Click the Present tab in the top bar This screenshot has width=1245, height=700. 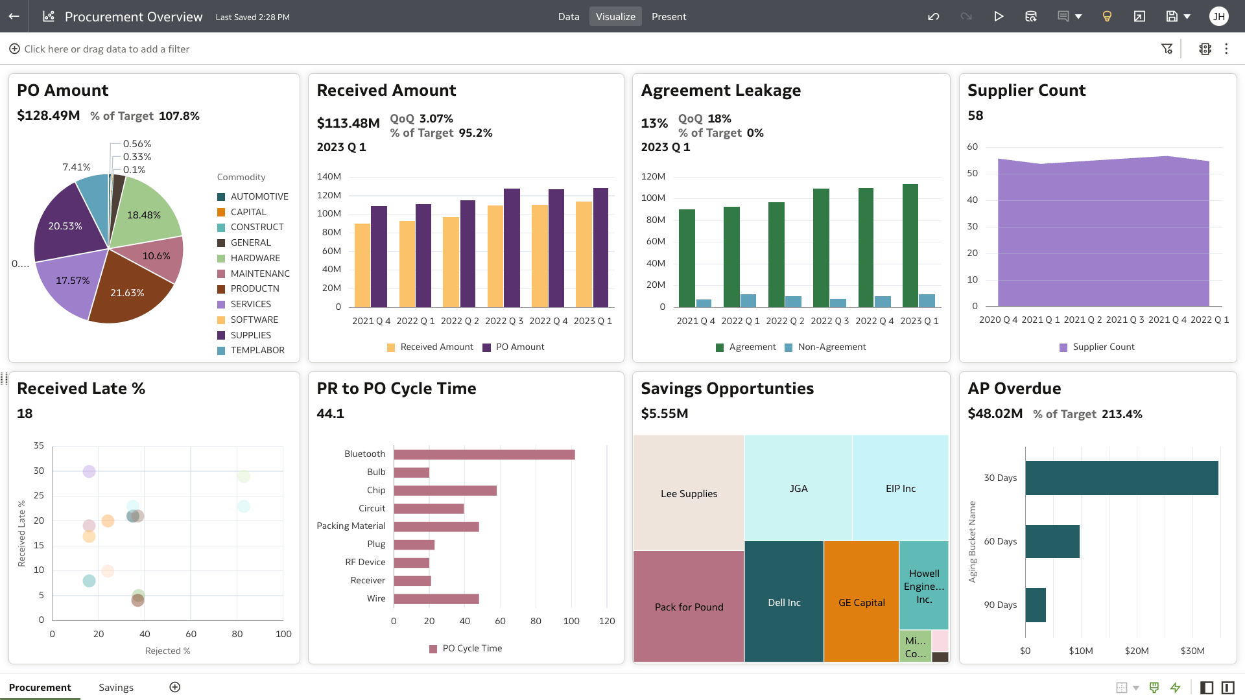(x=669, y=17)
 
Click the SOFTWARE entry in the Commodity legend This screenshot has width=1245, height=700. (x=254, y=320)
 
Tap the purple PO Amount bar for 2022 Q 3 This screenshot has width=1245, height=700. (x=512, y=248)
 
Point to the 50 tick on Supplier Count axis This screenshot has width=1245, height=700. (x=972, y=174)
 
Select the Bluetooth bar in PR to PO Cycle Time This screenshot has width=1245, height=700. (x=484, y=454)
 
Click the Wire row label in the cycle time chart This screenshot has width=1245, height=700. (x=376, y=598)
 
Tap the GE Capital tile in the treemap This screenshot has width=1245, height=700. (x=861, y=601)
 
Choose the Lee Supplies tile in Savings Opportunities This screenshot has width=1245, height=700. (x=689, y=493)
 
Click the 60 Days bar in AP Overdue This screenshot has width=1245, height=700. (x=1052, y=541)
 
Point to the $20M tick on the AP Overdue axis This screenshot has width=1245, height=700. (x=1137, y=651)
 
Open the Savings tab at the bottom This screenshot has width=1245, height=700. (x=116, y=687)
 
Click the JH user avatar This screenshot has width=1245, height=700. (x=1218, y=17)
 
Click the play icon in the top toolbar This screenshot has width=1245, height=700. (x=999, y=17)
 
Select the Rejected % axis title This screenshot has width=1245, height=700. (x=167, y=651)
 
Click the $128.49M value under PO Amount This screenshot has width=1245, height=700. (x=49, y=116)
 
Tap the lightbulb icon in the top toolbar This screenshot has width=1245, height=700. (x=1107, y=17)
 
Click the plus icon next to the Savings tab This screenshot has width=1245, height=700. (x=175, y=687)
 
